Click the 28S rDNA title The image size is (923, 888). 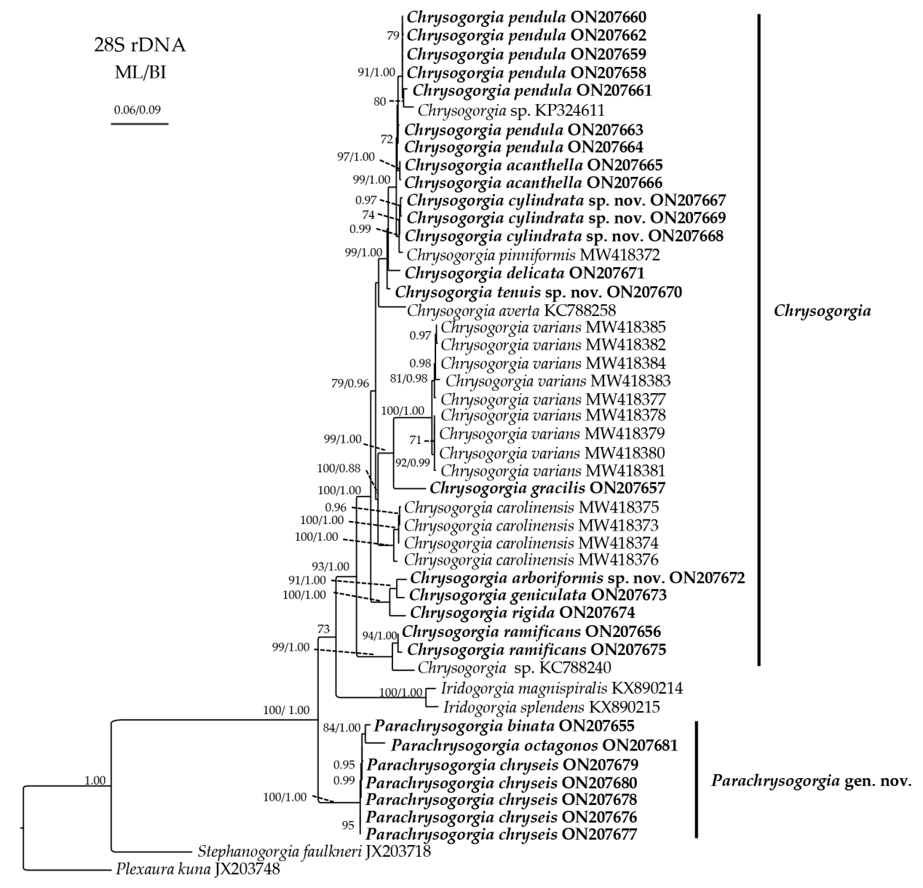139,46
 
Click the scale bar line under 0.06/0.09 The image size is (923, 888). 139,124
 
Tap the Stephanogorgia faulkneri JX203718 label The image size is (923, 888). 314,850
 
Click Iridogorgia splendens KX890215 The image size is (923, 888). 553,706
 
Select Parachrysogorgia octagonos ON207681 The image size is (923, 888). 534,745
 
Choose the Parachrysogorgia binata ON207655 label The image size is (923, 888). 505,726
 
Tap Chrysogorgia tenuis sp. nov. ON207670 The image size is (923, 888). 538,293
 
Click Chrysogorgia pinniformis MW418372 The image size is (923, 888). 533,255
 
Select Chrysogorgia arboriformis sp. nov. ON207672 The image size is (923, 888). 577,578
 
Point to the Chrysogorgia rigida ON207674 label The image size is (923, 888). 523,612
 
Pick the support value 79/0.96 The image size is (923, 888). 350,383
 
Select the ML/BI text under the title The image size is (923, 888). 139,72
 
